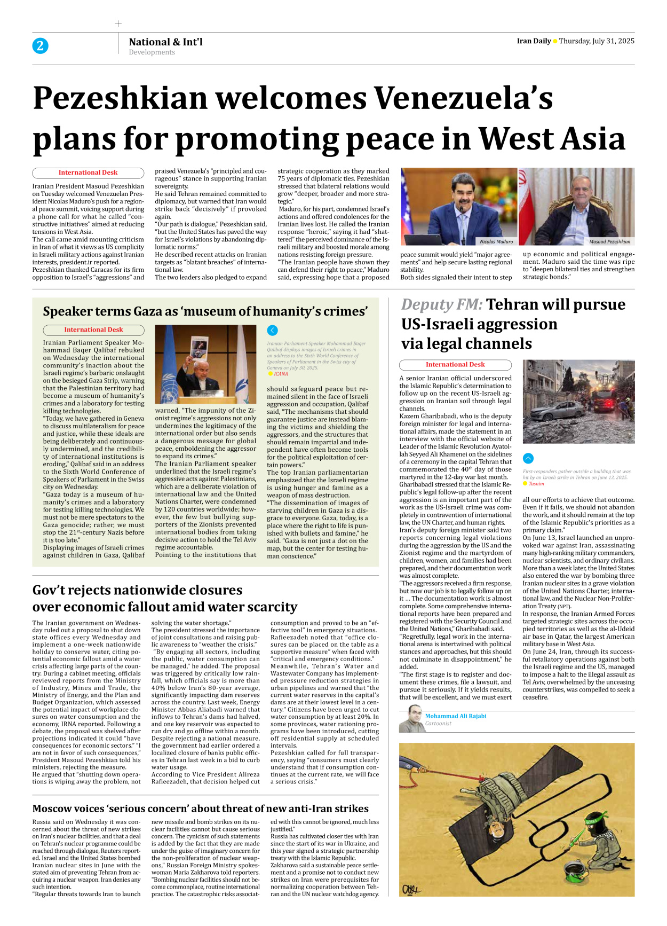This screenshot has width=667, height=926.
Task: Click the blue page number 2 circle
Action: pos(40,46)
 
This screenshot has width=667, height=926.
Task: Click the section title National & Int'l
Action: pos(165,42)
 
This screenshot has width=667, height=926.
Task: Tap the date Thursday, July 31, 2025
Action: pos(597,41)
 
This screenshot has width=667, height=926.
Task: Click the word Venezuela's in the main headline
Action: pos(463,99)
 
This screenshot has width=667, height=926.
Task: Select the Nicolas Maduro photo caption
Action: pos(496,241)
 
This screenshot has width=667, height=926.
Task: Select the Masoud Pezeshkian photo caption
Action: pos(609,241)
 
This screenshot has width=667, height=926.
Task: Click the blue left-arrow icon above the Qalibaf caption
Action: pos(272,331)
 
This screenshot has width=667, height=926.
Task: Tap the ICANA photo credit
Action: pos(281,374)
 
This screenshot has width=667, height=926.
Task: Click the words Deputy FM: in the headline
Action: pos(442,304)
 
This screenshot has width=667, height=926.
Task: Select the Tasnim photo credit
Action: pos(536,484)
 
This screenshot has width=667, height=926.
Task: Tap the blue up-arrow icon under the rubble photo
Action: pos(528,458)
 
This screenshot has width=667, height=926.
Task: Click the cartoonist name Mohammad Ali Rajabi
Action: pos(455,716)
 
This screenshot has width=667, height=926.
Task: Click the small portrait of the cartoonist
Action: pos(410,719)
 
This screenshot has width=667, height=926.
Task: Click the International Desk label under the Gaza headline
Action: pos(93,330)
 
